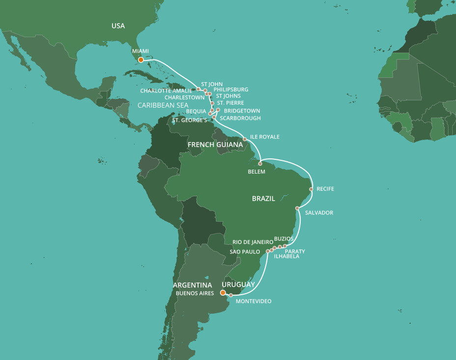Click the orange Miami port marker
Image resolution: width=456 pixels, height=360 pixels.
(x=141, y=60)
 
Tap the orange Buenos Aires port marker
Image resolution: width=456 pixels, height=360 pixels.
(x=223, y=293)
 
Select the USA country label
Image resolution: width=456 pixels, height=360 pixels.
(x=118, y=26)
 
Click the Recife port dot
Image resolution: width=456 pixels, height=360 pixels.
(x=311, y=189)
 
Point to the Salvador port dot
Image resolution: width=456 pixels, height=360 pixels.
(x=297, y=209)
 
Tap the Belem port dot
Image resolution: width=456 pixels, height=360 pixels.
(x=260, y=164)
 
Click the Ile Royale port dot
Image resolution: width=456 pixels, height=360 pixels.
(x=245, y=139)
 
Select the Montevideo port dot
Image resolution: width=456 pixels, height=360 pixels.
(x=231, y=296)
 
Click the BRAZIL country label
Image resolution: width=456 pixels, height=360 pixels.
(x=263, y=199)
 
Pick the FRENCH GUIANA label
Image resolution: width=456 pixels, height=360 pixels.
(x=215, y=145)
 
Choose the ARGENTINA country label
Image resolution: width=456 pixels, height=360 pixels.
(x=193, y=285)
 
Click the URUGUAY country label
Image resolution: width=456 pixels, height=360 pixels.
(x=238, y=285)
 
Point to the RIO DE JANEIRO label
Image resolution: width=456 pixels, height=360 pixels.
(x=253, y=242)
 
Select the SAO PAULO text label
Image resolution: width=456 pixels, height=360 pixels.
(x=245, y=252)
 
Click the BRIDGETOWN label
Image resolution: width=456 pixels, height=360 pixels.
(x=242, y=111)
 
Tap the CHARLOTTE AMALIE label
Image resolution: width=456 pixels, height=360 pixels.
(x=166, y=91)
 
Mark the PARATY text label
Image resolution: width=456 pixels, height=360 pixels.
(x=295, y=251)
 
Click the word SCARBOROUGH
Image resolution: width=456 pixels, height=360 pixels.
(x=240, y=118)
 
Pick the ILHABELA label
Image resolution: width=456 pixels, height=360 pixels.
(x=286, y=256)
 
